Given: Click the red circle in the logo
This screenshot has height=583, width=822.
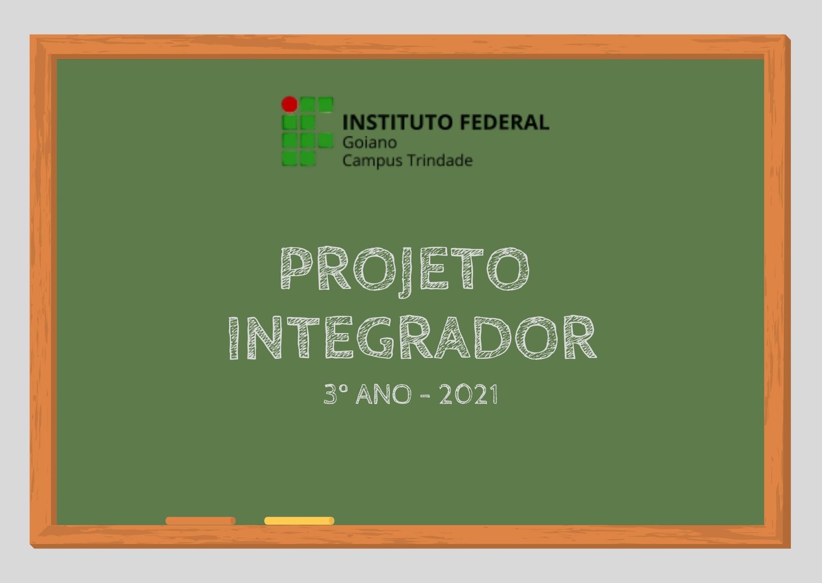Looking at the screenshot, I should point(289,104).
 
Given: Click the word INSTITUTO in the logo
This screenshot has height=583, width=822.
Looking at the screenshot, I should point(397,122).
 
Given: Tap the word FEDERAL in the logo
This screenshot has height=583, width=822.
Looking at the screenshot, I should point(504,122).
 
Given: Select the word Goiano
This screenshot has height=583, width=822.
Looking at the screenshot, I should point(369,142).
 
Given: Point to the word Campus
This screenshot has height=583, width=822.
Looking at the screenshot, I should point(372,161).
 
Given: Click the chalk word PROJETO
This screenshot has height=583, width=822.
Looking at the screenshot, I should point(405,269).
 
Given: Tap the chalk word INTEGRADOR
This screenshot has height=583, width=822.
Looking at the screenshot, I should point(412,338).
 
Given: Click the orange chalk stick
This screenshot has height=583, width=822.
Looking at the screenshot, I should point(200,520).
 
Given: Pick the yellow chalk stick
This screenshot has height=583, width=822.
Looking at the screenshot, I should point(299,520).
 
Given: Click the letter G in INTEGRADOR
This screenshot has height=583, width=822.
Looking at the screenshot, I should point(375,338).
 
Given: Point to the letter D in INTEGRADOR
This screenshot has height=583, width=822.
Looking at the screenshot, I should point(492,338).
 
